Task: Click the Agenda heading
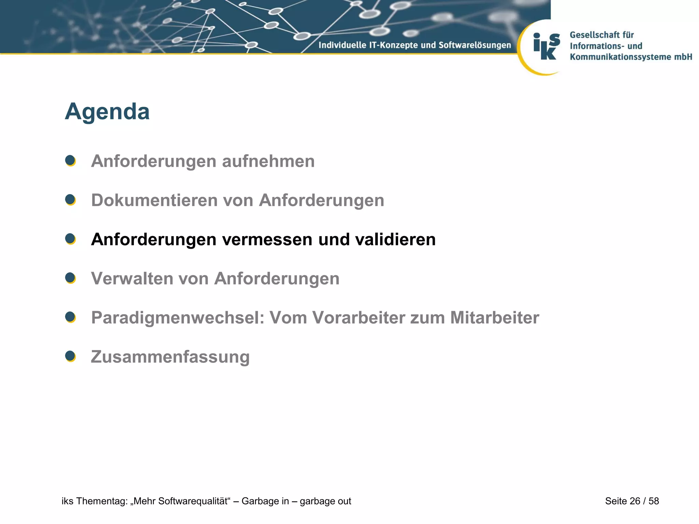pyautogui.click(x=107, y=112)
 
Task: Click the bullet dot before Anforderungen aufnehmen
pyautogui.click(x=70, y=161)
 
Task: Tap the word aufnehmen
pyautogui.click(x=268, y=161)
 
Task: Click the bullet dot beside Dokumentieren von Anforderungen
pyautogui.click(x=70, y=200)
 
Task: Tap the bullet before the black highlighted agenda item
pyautogui.click(x=70, y=239)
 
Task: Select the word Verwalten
pyautogui.click(x=132, y=279)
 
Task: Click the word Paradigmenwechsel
pyautogui.click(x=177, y=318)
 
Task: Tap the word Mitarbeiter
pyautogui.click(x=495, y=318)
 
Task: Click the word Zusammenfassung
pyautogui.click(x=170, y=357)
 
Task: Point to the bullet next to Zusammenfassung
pyautogui.click(x=70, y=356)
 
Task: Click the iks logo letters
pyautogui.click(x=546, y=46)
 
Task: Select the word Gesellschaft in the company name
pyautogui.click(x=594, y=35)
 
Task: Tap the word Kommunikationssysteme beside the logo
pyautogui.click(x=620, y=57)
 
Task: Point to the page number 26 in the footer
pyautogui.click(x=634, y=501)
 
